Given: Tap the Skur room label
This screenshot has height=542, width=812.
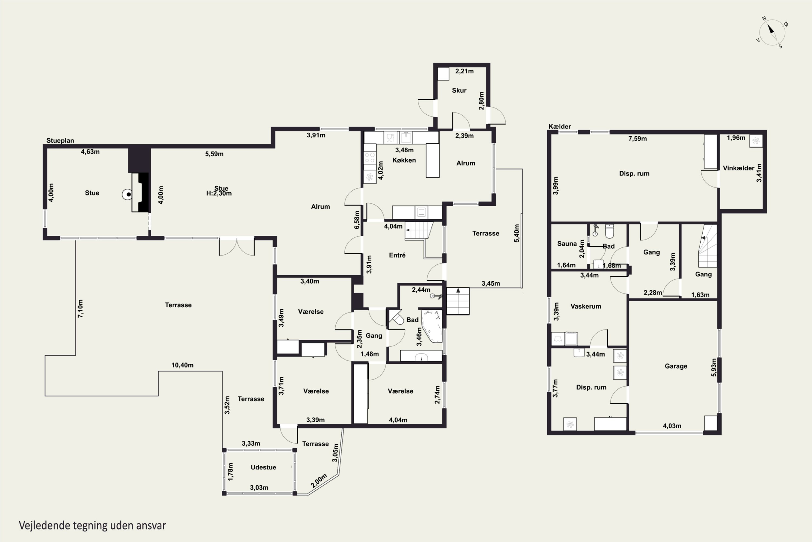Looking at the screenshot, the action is point(459,90).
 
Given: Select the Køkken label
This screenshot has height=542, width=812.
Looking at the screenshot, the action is point(404,160).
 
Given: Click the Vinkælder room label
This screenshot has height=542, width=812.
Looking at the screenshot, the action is point(738,168).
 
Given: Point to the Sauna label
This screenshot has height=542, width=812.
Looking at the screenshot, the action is point(567,244).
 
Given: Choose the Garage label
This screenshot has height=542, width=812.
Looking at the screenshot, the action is point(676,366).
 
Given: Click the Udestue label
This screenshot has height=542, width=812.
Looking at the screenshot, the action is point(263,467).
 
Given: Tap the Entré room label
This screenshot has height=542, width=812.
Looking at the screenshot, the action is point(397,255).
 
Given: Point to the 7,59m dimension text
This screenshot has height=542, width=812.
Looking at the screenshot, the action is point(637,138).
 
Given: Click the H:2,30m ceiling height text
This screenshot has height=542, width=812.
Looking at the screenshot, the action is point(219,193).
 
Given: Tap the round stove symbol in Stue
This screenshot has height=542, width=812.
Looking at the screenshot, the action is point(127,195).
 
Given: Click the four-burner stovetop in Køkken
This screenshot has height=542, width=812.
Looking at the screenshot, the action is point(370,158).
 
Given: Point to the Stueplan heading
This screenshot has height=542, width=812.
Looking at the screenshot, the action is point(60,141).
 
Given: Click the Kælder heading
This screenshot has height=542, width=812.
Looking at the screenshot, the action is point(560,127).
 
